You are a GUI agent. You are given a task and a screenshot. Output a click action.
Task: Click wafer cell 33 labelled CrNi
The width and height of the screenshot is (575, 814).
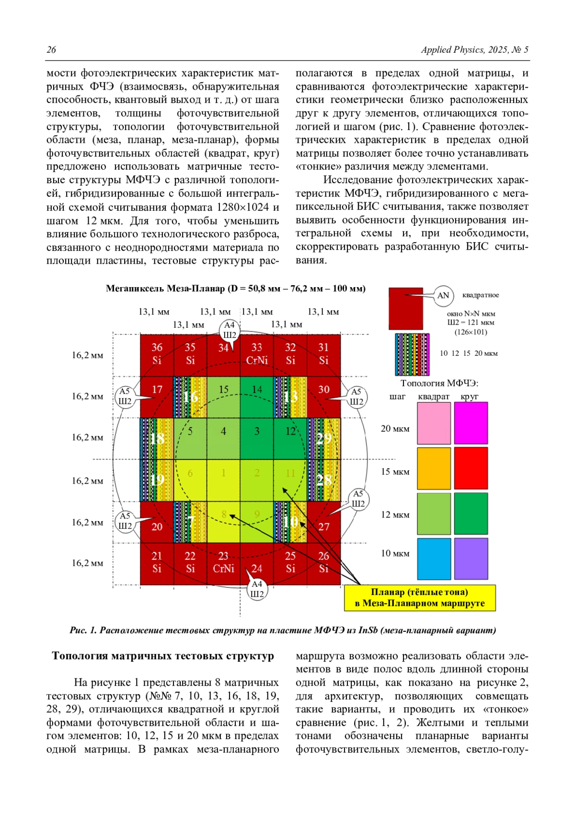pos(257,354)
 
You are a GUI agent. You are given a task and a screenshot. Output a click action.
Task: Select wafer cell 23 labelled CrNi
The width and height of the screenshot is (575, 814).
pos(223,563)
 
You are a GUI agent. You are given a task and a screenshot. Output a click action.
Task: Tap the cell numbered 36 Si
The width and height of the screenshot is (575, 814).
pos(157,354)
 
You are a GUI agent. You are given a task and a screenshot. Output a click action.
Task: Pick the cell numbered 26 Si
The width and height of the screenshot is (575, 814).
pos(324,563)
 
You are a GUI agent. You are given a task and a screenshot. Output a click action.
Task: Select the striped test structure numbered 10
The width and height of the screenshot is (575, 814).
pos(290,522)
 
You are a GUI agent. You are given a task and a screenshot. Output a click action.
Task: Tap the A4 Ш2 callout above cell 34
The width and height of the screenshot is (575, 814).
pos(230,330)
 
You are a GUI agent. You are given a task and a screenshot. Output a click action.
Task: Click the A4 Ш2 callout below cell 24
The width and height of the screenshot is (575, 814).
pos(257,589)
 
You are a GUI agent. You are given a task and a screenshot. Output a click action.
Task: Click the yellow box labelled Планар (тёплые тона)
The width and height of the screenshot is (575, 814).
pos(420,598)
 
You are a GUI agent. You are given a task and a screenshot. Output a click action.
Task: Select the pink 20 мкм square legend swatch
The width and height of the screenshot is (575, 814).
pos(434,423)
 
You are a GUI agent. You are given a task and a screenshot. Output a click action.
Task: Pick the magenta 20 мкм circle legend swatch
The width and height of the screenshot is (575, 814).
pos(471,423)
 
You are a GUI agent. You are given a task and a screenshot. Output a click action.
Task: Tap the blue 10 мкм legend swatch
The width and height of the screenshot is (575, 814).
pos(434,558)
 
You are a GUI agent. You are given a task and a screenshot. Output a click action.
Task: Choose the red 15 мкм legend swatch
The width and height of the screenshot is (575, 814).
pos(471,468)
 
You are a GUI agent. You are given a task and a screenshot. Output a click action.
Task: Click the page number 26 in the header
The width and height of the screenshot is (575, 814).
pos(51,50)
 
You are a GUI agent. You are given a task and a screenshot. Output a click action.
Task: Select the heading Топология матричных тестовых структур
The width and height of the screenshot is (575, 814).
pos(163,656)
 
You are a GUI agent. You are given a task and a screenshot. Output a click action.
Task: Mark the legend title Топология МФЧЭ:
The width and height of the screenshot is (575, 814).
pos(439,383)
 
